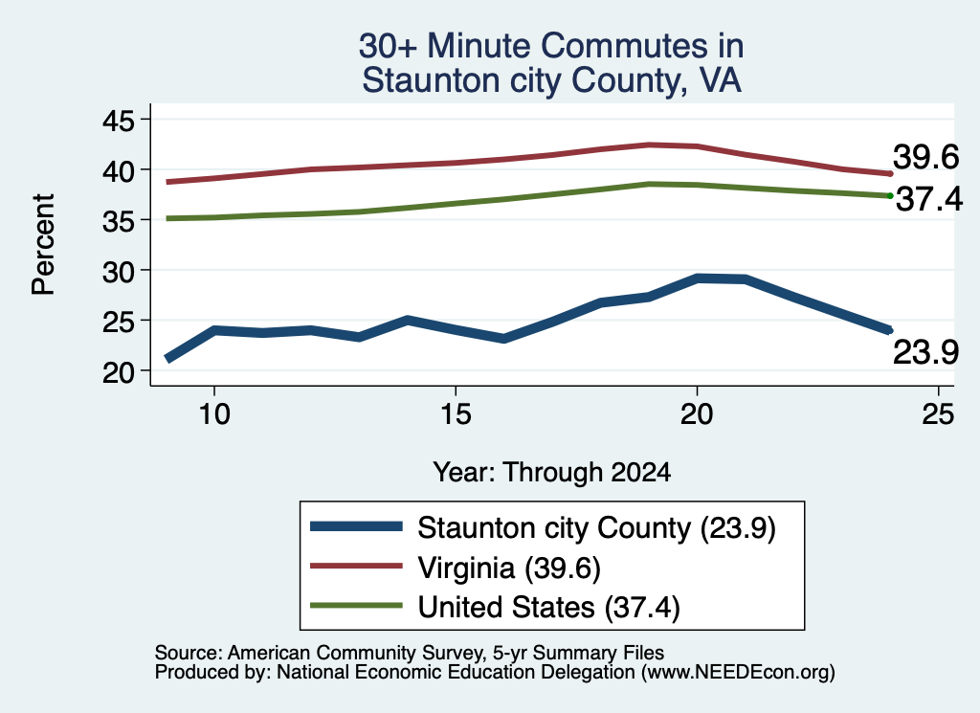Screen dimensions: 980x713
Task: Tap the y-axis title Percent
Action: pos(43,244)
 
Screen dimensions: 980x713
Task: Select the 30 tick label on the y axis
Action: pos(119,271)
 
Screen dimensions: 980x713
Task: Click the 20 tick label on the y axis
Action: pos(119,371)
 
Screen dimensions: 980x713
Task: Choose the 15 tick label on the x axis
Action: pos(456,413)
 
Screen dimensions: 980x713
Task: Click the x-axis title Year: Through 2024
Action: pos(552,473)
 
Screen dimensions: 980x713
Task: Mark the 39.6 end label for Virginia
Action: pos(925,156)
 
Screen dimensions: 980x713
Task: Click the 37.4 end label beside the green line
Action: pos(929,199)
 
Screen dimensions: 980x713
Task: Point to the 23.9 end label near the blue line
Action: pos(925,352)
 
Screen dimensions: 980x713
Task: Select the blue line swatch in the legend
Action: pos(356,526)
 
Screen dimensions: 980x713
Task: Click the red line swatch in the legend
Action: pos(356,566)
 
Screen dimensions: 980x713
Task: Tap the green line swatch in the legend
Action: pos(356,605)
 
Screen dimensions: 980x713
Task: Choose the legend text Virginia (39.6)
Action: pos(509,568)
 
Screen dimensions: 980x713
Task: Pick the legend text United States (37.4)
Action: pos(548,608)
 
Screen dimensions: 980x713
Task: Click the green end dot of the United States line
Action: pos(890,196)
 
